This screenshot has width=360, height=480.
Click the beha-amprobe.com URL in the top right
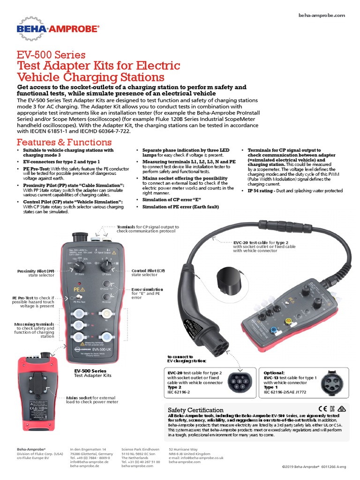pyautogui.click(x=322, y=15)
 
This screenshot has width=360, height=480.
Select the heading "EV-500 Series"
pyautogui.click(x=51, y=55)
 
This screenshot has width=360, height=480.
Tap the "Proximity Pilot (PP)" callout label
pyautogui.click(x=36, y=271)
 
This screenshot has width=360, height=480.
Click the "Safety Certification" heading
pyautogui.click(x=195, y=410)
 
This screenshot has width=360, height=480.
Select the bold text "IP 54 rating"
pyautogui.click(x=263, y=191)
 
